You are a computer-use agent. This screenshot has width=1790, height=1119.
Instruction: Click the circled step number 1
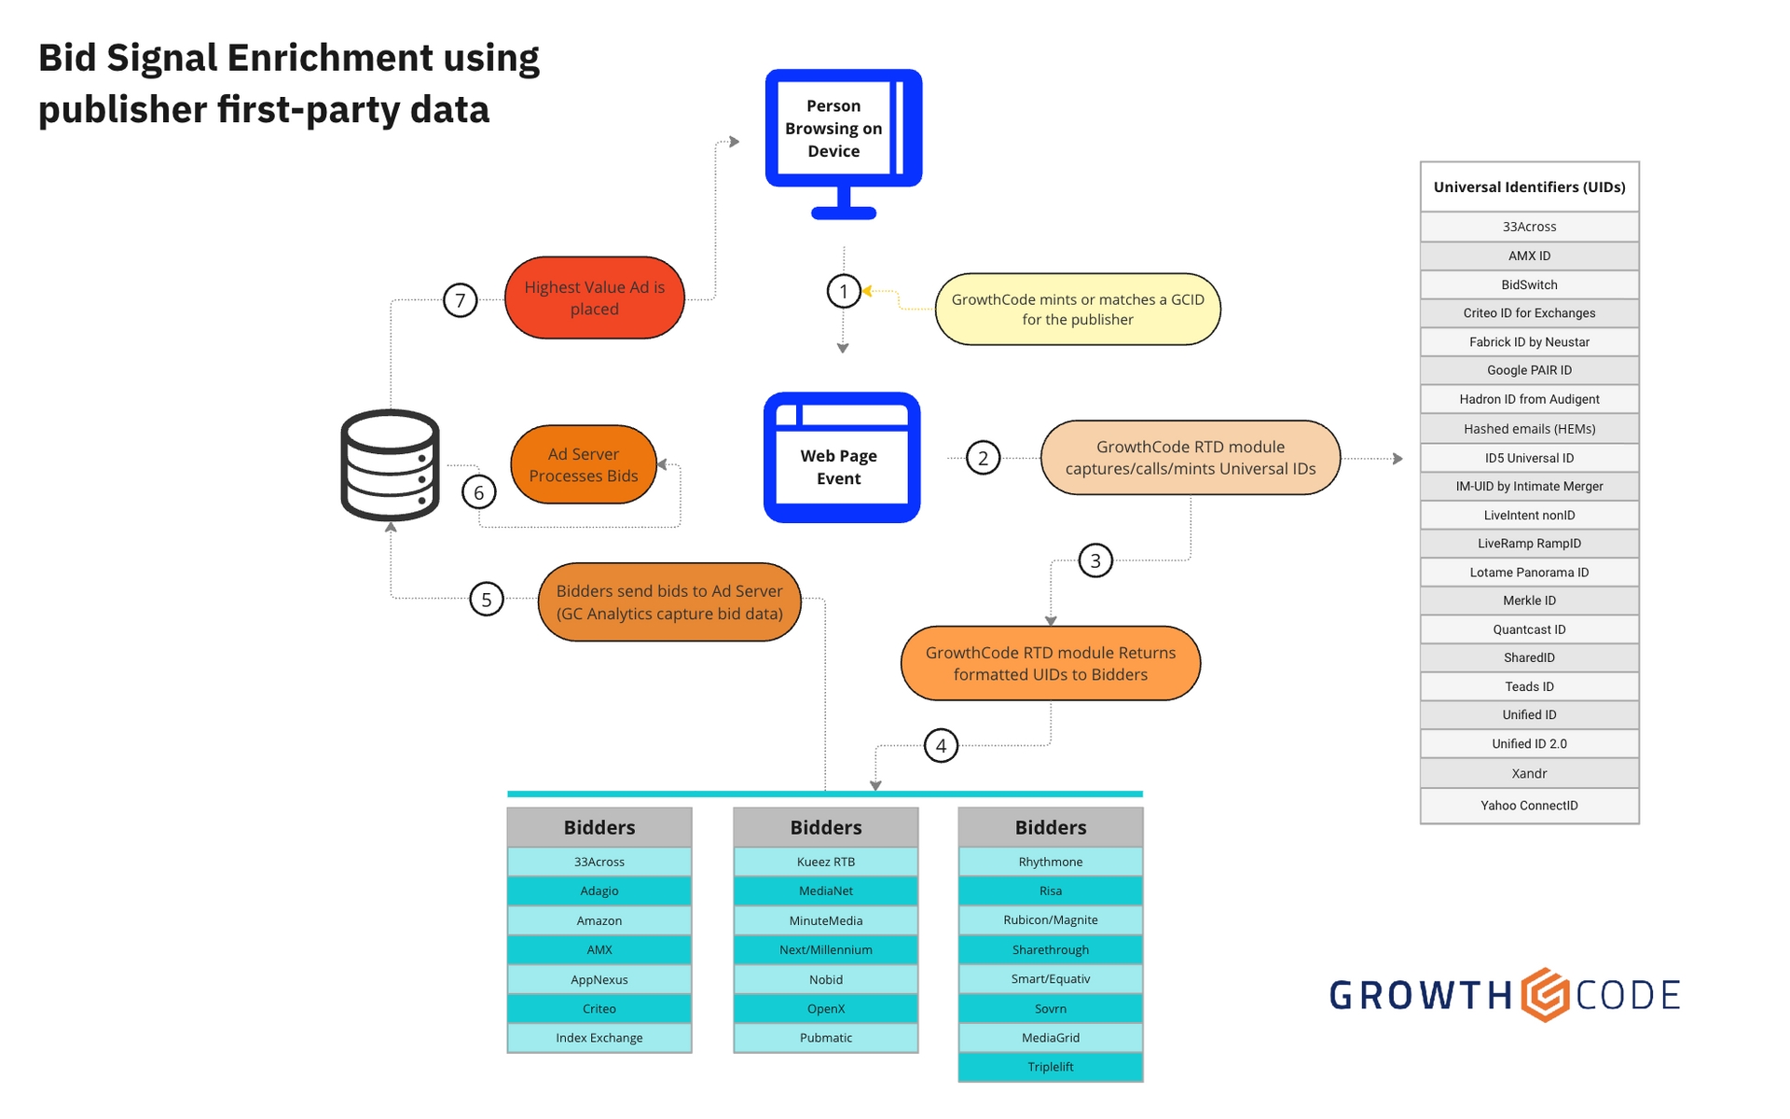pyautogui.click(x=844, y=291)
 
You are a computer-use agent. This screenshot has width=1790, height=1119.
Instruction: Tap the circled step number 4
pyautogui.click(x=941, y=746)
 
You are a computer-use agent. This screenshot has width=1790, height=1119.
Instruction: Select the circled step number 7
pyautogui.click(x=460, y=300)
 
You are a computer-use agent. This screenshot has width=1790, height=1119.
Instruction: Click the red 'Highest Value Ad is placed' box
pyautogui.click(x=595, y=298)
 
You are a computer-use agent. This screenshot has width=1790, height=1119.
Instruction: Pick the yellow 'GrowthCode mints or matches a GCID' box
pyautogui.click(x=1078, y=310)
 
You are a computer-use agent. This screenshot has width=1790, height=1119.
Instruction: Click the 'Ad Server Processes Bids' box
pyautogui.click(x=584, y=464)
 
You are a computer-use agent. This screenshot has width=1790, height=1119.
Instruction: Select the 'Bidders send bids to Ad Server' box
pyautogui.click(x=669, y=602)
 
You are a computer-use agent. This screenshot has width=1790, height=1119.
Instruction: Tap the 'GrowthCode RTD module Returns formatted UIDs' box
pyautogui.click(x=1051, y=664)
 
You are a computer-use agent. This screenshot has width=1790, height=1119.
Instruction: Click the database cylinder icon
pyautogui.click(x=390, y=464)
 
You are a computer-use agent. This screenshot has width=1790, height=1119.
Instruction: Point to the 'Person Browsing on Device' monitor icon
pyautogui.click(x=843, y=140)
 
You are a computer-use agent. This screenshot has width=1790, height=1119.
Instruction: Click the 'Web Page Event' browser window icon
pyautogui.click(x=841, y=458)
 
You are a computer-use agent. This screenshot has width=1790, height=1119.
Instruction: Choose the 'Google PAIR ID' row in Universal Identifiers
pyautogui.click(x=1529, y=370)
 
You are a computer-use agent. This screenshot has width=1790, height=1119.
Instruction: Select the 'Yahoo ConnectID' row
pyautogui.click(x=1529, y=806)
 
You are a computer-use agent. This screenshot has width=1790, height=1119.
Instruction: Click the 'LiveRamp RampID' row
pyautogui.click(x=1529, y=544)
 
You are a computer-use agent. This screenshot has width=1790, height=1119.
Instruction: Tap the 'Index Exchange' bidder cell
pyautogui.click(x=599, y=1038)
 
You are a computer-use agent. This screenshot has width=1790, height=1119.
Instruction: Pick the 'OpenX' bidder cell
pyautogui.click(x=826, y=1009)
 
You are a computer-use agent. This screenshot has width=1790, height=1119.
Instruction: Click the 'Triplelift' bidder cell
pyautogui.click(x=1051, y=1067)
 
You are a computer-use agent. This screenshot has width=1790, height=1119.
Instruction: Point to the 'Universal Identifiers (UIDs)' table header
pyautogui.click(x=1529, y=187)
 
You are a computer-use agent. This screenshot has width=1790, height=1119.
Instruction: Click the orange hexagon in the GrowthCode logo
pyautogui.click(x=1545, y=995)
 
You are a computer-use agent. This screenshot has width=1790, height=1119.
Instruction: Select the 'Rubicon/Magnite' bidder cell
pyautogui.click(x=1051, y=920)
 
